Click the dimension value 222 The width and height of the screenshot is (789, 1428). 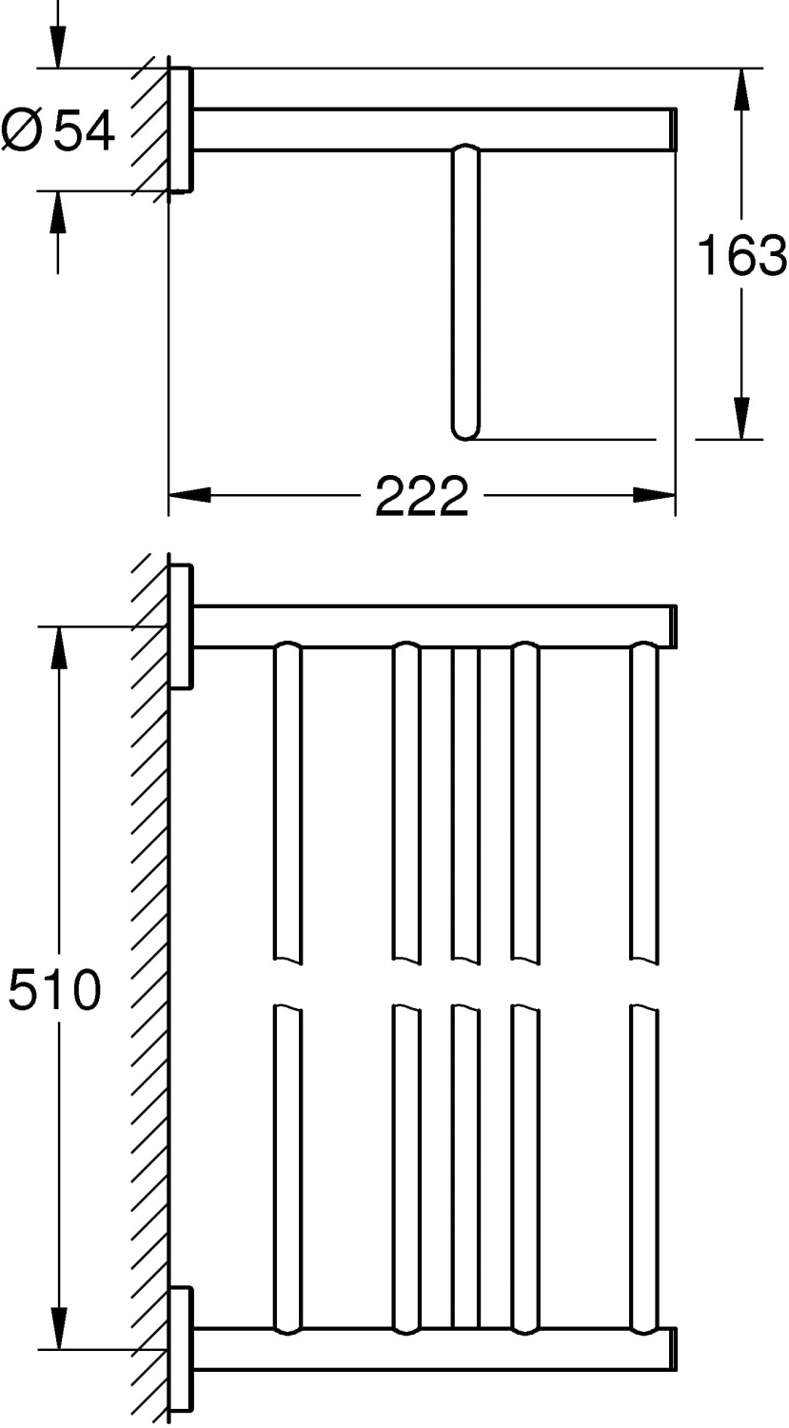pyautogui.click(x=422, y=496)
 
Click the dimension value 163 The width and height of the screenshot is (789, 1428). pyautogui.click(x=742, y=255)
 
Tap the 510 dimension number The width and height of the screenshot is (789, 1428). pyautogui.click(x=54, y=989)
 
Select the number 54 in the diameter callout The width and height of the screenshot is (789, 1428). pyautogui.click(x=84, y=130)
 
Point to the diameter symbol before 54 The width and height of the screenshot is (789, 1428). pyautogui.click(x=22, y=130)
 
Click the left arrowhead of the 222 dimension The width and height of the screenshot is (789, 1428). pyautogui.click(x=189, y=495)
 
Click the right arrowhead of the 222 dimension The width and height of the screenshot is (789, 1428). pyautogui.click(x=654, y=495)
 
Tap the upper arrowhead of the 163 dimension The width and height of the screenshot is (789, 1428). pyautogui.click(x=741, y=89)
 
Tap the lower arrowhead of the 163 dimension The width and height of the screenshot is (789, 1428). pyautogui.click(x=741, y=418)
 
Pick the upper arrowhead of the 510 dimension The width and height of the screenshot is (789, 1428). pyautogui.click(x=59, y=647)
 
